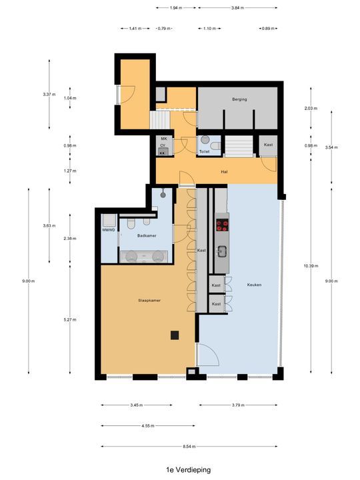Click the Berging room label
239,99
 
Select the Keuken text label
253,285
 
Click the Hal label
225,171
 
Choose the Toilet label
204,152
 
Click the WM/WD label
109,230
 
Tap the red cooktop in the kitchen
221,225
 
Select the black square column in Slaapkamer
174,335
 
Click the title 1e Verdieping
180,469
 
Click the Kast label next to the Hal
268,145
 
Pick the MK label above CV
163,137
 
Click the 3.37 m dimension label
48,94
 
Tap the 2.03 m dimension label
310,108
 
